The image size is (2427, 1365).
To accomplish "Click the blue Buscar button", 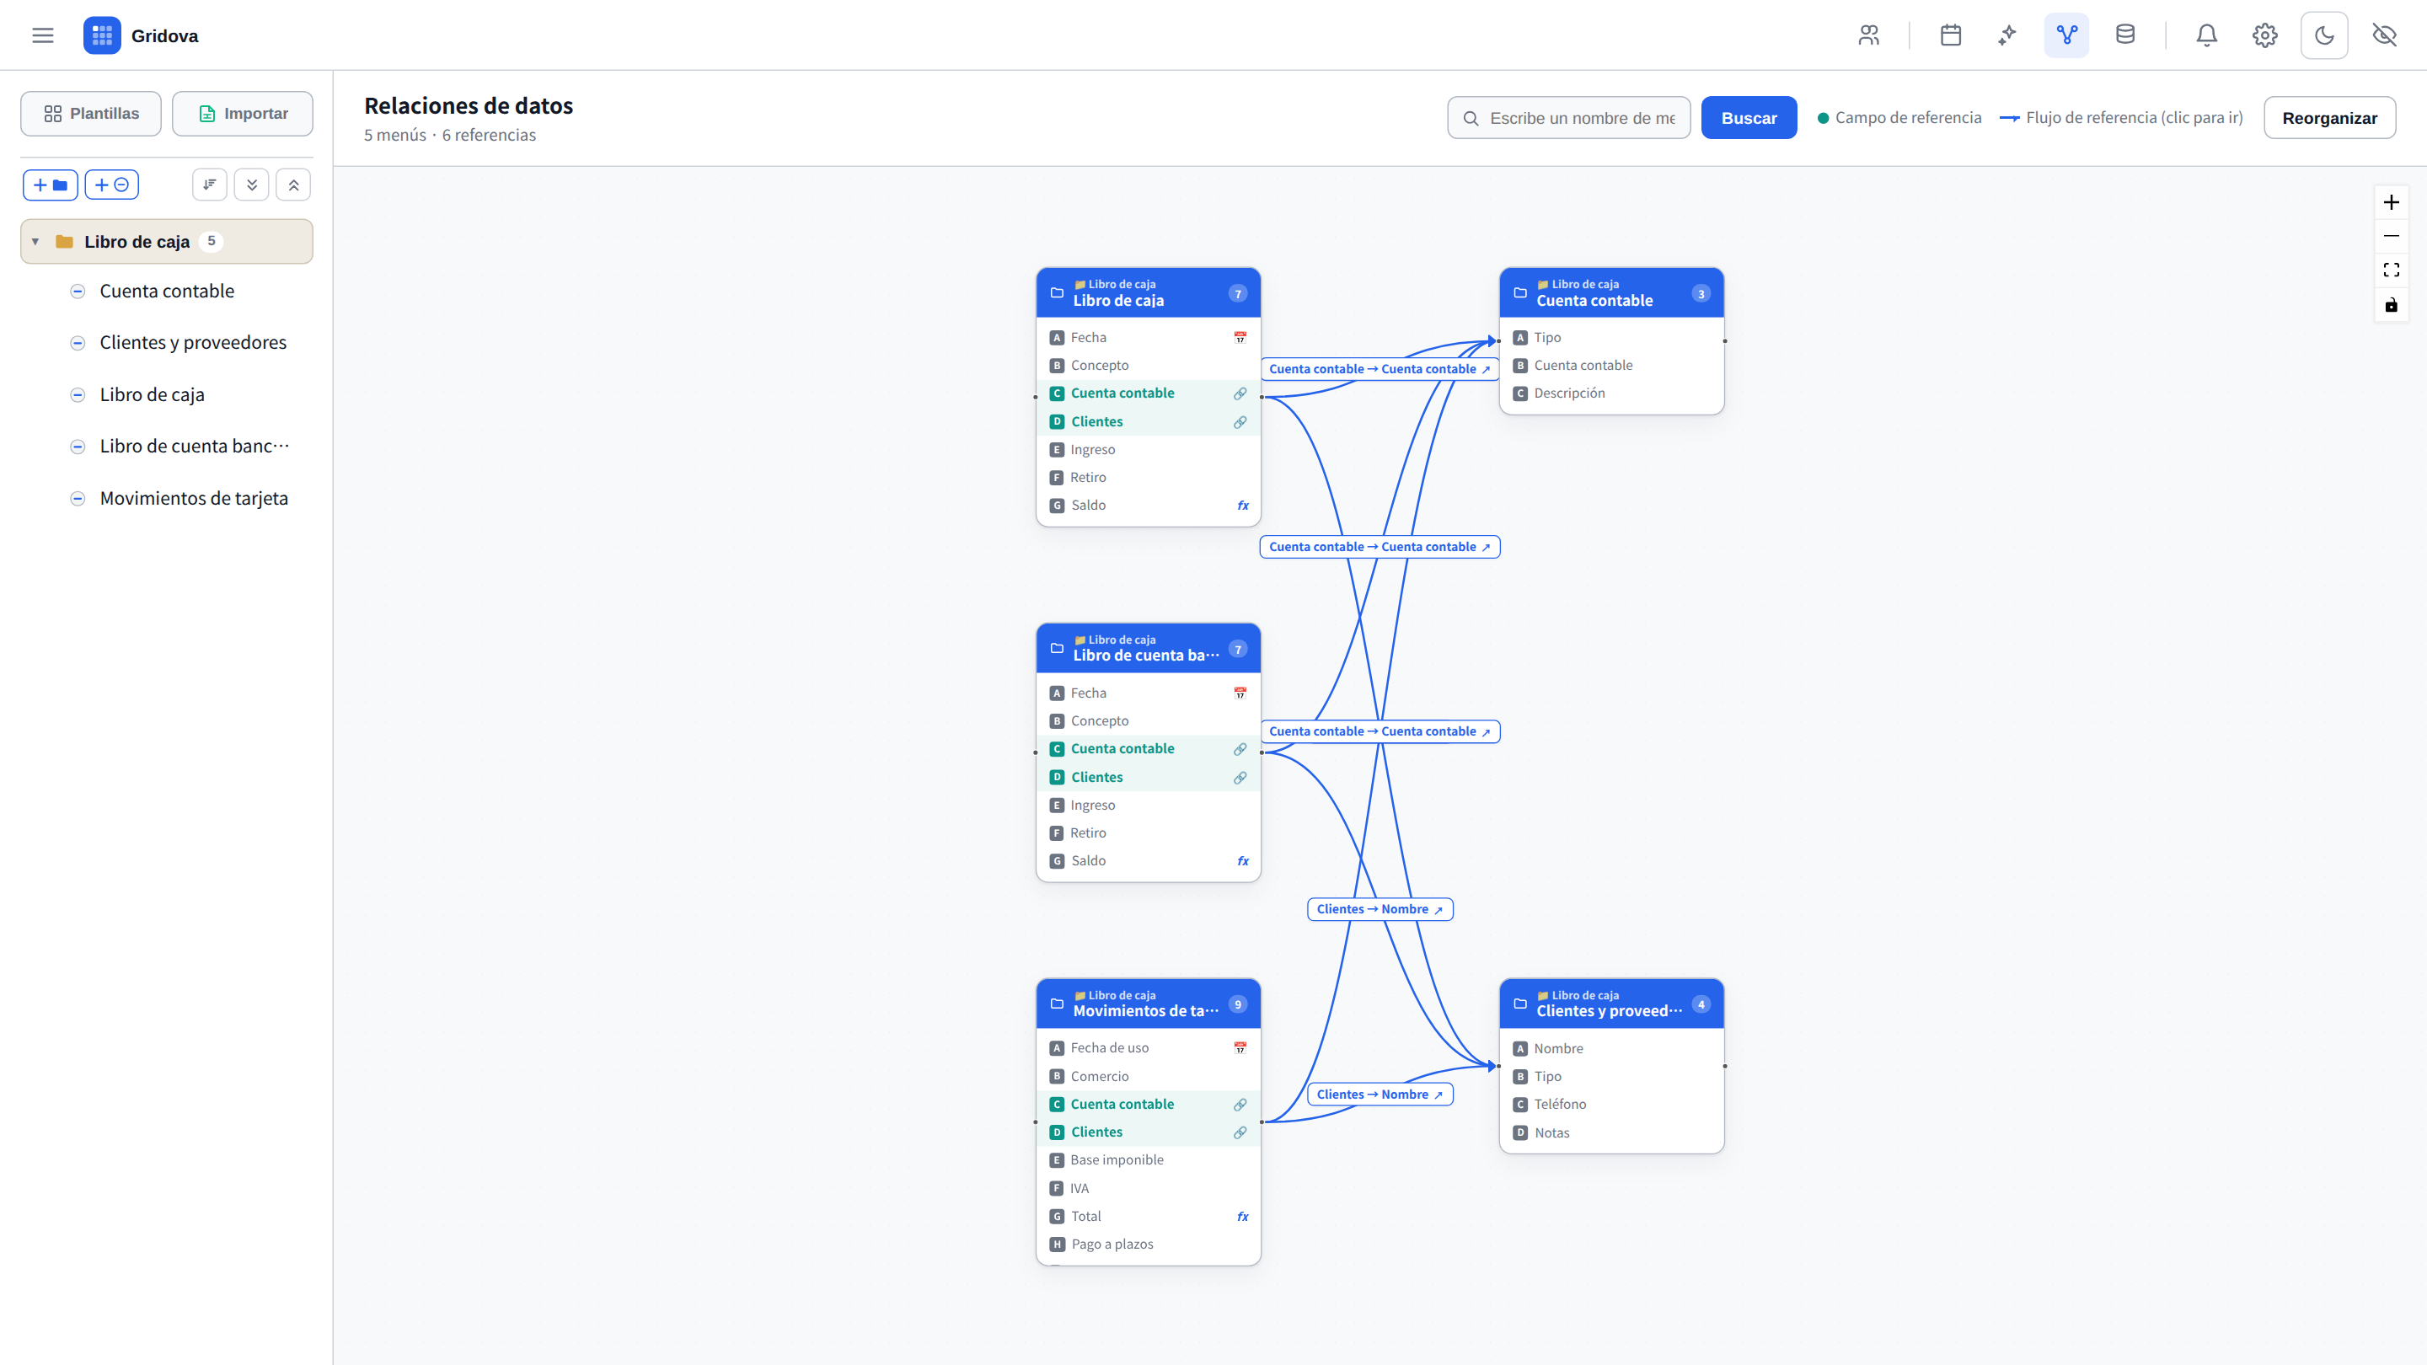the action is (x=1749, y=118).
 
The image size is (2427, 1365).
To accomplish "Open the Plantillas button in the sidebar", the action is (x=91, y=113).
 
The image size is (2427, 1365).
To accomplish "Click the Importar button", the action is (x=242, y=113).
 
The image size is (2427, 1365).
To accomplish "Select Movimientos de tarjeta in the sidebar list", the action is (x=194, y=498).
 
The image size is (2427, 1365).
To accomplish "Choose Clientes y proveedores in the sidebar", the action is (x=193, y=342).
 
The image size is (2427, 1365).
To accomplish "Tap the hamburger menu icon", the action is (x=42, y=35).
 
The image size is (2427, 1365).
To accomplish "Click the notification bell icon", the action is (x=2206, y=35).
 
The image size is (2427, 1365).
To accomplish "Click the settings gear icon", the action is (x=2265, y=35).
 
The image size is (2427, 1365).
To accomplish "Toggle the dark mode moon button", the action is (x=2324, y=35).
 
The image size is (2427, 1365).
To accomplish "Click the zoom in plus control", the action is (x=2392, y=202).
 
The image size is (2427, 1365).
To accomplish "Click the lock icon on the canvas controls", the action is (x=2392, y=304).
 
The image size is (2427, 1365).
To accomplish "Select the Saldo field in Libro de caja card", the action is (x=1088, y=505).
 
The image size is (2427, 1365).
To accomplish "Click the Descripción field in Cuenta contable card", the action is (x=1570, y=393).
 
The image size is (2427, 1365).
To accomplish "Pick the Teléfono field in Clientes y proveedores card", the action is (x=1560, y=1104).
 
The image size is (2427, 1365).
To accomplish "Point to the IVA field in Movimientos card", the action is (x=1080, y=1188).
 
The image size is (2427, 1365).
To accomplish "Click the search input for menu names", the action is (x=1582, y=118).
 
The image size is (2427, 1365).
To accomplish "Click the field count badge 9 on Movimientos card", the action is (x=1238, y=1004).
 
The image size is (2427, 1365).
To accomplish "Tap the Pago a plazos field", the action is (x=1112, y=1244).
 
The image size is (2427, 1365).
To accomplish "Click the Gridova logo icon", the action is (x=102, y=35).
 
